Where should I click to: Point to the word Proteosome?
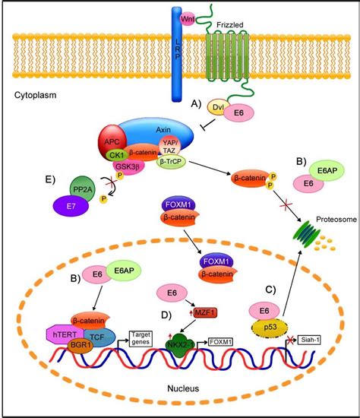tap(323, 236)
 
